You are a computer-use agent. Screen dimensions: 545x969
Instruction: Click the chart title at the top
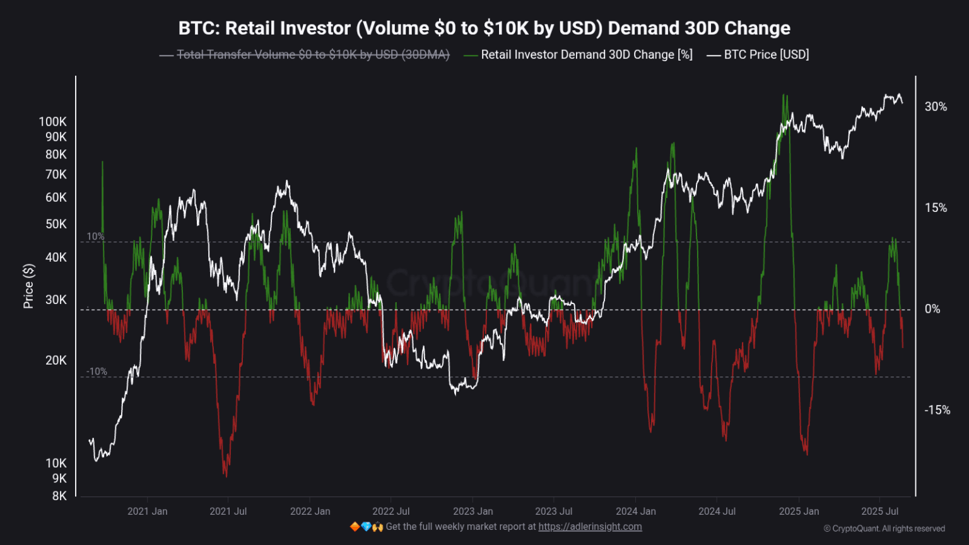pyautogui.click(x=484, y=28)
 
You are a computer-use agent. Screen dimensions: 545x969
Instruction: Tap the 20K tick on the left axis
pyautogui.click(x=56, y=360)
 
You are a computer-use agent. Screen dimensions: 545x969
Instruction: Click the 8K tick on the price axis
pyautogui.click(x=59, y=496)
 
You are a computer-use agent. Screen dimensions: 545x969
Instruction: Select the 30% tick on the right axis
pyautogui.click(x=936, y=107)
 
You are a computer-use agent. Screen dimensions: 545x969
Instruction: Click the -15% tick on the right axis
pyautogui.click(x=937, y=410)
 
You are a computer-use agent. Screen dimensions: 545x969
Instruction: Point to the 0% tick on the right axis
pyautogui.click(x=932, y=309)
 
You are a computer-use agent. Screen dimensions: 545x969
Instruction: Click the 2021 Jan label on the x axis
pyautogui.click(x=147, y=511)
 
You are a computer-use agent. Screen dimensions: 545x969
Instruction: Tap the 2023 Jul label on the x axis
pyautogui.click(x=553, y=511)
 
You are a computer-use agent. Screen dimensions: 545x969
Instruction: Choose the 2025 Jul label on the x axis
pyautogui.click(x=879, y=511)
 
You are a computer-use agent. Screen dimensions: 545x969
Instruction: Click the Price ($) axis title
pyautogui.click(x=28, y=286)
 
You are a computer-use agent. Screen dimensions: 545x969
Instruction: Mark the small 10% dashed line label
pyautogui.click(x=95, y=237)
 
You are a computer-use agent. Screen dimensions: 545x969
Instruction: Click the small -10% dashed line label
pyautogui.click(x=97, y=372)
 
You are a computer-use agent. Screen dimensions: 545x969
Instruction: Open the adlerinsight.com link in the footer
pyautogui.click(x=590, y=527)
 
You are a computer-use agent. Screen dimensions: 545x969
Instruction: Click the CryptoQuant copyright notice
pyautogui.click(x=884, y=529)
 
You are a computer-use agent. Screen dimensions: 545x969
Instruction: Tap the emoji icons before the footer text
pyautogui.click(x=366, y=527)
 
